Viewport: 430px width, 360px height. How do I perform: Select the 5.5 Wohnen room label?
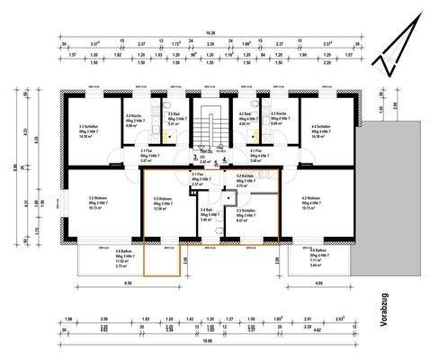(163, 202)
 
